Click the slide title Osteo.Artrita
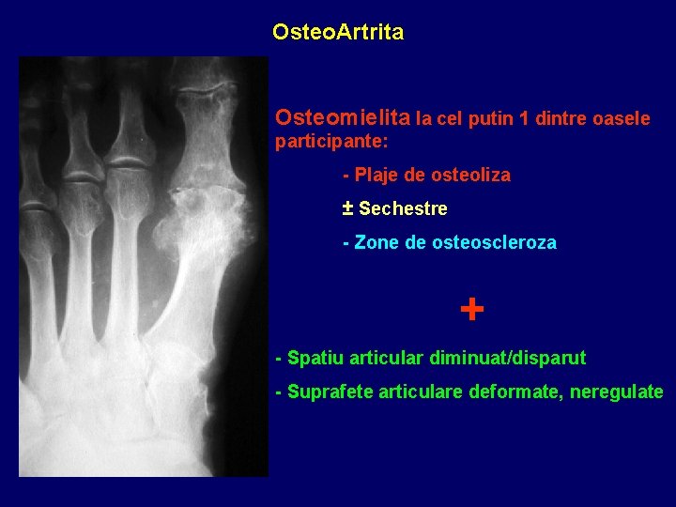(338, 33)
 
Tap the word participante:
(331, 144)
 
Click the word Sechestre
(403, 208)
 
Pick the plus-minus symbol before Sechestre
(348, 207)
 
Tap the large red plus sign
(472, 309)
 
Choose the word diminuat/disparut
(507, 358)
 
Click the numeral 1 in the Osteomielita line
(524, 119)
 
